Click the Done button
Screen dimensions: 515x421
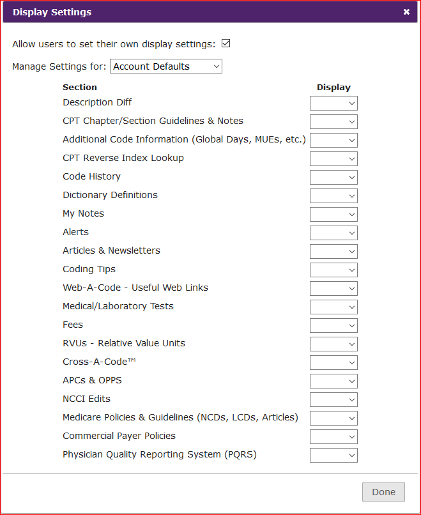click(x=383, y=492)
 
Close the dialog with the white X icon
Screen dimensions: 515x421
click(x=406, y=12)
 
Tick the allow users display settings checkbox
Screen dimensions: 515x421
click(x=226, y=44)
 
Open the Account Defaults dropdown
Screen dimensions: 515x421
click(x=166, y=66)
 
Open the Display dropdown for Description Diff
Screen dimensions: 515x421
click(x=333, y=104)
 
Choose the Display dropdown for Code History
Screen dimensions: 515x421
click(x=333, y=178)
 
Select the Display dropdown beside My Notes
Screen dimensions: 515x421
click(x=333, y=215)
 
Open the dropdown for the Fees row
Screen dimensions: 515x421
click(x=333, y=326)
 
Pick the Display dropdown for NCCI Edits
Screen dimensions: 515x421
click(x=333, y=400)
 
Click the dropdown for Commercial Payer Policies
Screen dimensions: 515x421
click(x=333, y=437)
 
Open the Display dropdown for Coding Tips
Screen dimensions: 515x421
click(x=333, y=270)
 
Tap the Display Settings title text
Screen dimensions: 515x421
click(x=52, y=12)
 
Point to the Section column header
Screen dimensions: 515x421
click(x=80, y=88)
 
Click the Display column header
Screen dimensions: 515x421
click(x=333, y=88)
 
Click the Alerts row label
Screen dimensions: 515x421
click(x=75, y=232)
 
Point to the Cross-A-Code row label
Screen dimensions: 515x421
click(x=99, y=362)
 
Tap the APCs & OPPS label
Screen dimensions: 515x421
click(x=92, y=380)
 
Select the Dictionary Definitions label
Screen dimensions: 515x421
click(x=110, y=195)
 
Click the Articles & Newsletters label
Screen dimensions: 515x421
click(x=111, y=250)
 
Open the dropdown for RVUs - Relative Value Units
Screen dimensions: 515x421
click(x=333, y=344)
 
